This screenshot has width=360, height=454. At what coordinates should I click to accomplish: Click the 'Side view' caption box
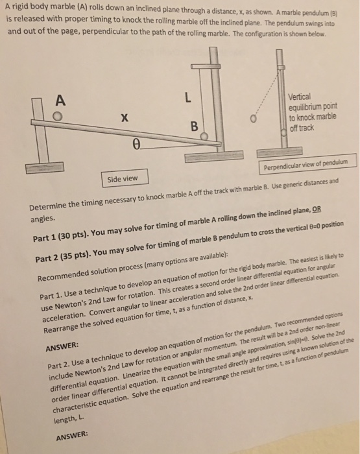124,178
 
